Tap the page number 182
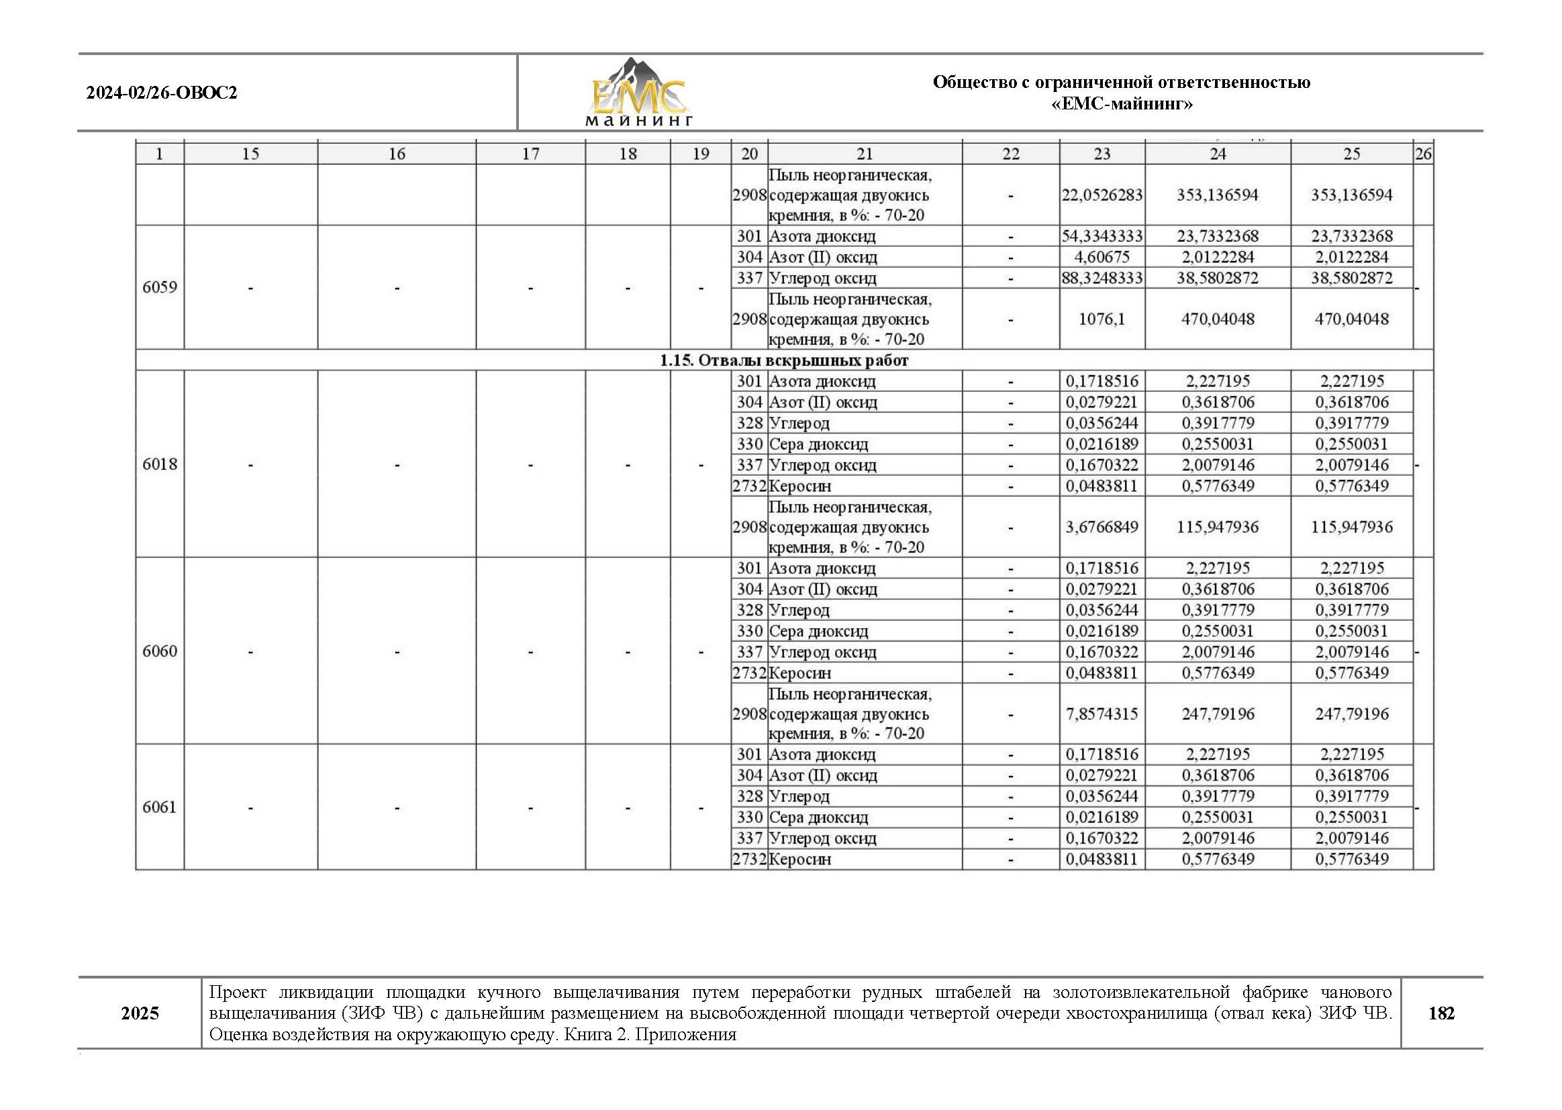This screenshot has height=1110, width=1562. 1441,1013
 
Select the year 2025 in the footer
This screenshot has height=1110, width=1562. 140,1013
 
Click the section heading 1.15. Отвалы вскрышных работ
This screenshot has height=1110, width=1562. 783,360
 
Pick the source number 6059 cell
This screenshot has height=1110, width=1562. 159,287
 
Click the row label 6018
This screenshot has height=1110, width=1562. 159,464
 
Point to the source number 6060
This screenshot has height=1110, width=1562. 159,651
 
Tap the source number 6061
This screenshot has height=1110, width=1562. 159,807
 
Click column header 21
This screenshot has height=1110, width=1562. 865,154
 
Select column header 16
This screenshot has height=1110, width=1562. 397,154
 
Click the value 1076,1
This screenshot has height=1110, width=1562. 1102,319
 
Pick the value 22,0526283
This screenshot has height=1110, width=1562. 1102,195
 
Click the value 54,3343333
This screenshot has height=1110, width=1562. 1102,236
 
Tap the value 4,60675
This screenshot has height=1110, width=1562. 1102,257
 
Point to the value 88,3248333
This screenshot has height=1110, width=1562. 1102,279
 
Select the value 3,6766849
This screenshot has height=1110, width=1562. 1102,527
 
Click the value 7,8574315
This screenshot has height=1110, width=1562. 1102,714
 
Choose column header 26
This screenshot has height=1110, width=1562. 1422,154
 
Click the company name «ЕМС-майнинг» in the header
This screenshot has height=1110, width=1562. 1121,104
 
